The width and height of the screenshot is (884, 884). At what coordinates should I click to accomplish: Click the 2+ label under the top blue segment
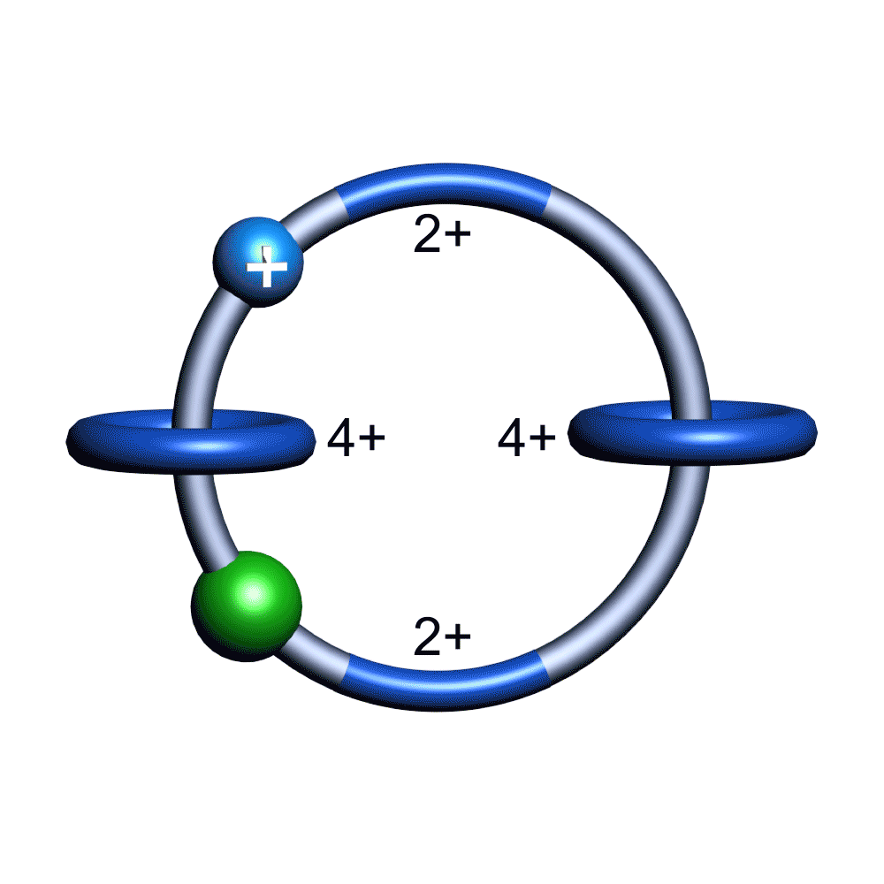click(442, 237)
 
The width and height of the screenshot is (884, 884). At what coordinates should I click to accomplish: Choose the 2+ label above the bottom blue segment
click(442, 636)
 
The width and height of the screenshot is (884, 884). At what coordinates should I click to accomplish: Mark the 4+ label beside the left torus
click(356, 438)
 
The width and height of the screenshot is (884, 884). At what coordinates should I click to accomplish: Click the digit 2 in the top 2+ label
click(428, 237)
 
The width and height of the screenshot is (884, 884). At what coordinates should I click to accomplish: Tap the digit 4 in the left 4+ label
click(341, 438)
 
